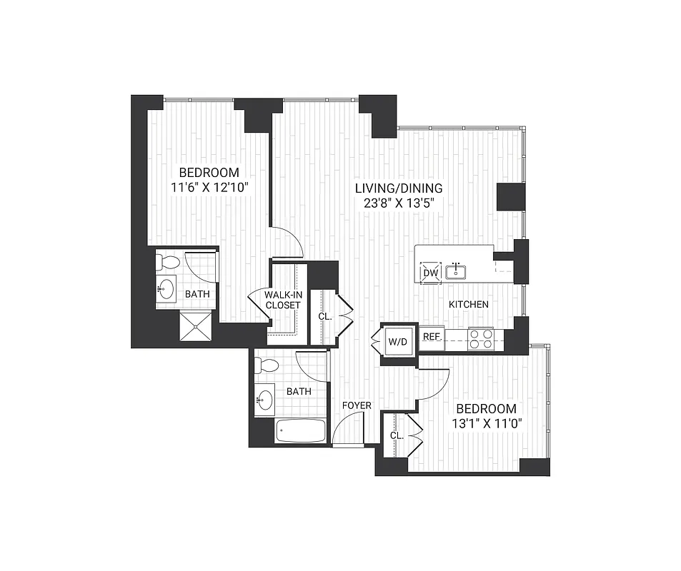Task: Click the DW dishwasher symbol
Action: click(x=430, y=273)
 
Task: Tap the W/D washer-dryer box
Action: click(x=397, y=341)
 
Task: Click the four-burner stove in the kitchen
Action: click(x=481, y=338)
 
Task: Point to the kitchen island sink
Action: click(x=456, y=271)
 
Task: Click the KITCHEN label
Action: click(x=468, y=305)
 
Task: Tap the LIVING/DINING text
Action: click(x=399, y=188)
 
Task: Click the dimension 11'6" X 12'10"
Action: click(x=209, y=188)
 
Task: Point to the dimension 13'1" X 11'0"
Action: click(x=486, y=423)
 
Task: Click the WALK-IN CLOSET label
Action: click(x=282, y=300)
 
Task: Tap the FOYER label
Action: click(x=357, y=405)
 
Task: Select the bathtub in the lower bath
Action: click(x=301, y=430)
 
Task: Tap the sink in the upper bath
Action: click(x=166, y=289)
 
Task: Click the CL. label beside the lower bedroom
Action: click(x=397, y=435)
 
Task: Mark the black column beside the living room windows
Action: click(x=512, y=197)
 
